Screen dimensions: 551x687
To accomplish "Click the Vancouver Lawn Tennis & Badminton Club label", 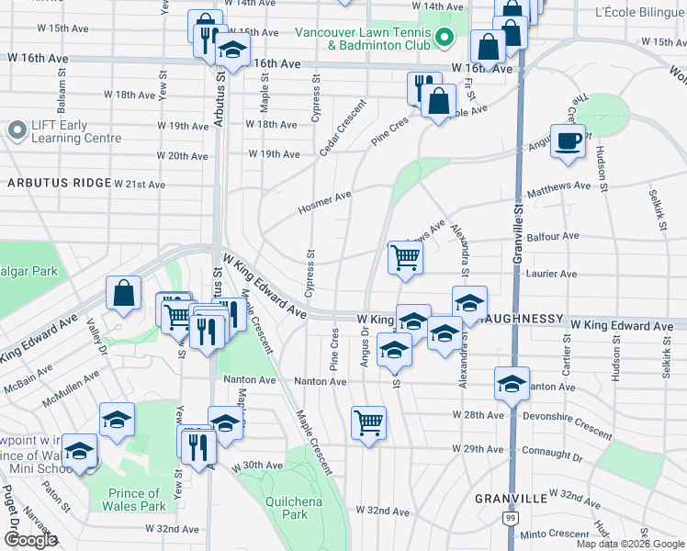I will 363,38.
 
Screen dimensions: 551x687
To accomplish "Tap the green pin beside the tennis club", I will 445,38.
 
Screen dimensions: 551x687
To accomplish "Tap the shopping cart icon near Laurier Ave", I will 405,257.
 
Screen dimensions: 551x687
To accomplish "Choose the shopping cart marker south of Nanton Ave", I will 368,423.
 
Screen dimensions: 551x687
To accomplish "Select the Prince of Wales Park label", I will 134,500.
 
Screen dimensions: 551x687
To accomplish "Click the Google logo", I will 30,540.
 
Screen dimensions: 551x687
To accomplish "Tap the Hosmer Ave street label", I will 324,204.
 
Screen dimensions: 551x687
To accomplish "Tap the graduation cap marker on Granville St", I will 512,383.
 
